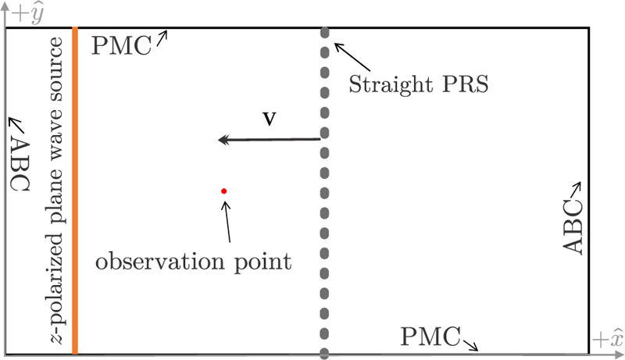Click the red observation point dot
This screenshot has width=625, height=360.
223,191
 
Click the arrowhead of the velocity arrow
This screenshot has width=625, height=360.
223,140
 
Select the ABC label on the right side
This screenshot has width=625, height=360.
573,227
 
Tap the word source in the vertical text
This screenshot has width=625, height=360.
55,66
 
